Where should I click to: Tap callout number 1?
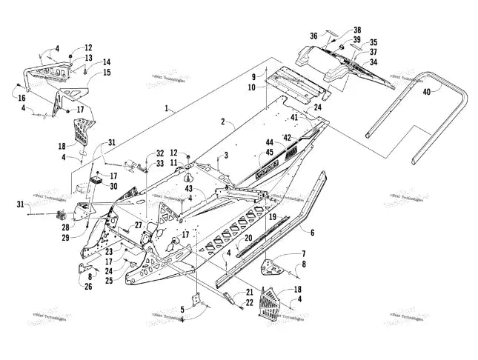click(x=170, y=108)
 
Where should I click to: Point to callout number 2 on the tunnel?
click(x=222, y=120)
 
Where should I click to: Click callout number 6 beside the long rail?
click(x=312, y=232)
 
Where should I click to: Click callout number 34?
click(x=374, y=62)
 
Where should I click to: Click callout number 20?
click(x=249, y=239)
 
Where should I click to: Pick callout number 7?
click(x=302, y=253)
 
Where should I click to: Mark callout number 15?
click(x=107, y=73)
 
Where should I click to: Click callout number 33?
click(x=160, y=163)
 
